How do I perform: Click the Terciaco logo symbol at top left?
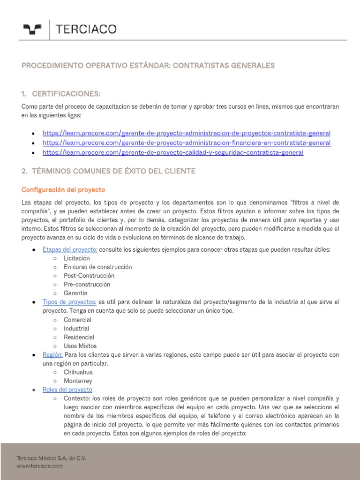(32, 30)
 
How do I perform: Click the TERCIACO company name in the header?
(86, 30)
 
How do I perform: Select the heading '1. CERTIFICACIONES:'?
(61, 93)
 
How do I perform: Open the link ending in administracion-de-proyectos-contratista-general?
(186, 133)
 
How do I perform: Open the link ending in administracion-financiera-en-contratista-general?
(186, 143)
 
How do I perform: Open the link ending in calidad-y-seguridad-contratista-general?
(172, 152)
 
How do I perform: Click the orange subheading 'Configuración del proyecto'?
(63, 190)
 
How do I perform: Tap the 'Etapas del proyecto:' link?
(70, 249)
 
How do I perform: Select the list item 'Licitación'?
(77, 258)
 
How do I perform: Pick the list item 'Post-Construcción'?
(89, 276)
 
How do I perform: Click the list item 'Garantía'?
(75, 293)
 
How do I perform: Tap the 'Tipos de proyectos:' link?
(69, 302)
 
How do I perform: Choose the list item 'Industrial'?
(76, 329)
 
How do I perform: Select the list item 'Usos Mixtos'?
(81, 346)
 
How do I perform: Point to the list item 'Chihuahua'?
(78, 372)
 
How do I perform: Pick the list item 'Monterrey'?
(78, 381)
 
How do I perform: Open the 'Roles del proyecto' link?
(67, 390)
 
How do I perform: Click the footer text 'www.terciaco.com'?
(40, 466)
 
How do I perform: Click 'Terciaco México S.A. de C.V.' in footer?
(52, 458)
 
